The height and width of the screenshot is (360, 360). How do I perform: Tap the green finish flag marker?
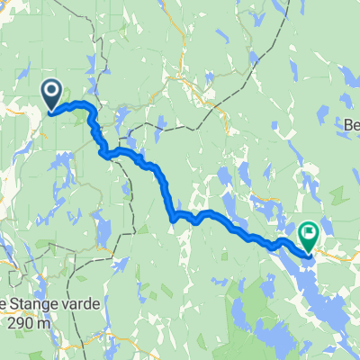(309, 237)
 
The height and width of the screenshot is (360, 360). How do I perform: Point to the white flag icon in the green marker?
(309, 234)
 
